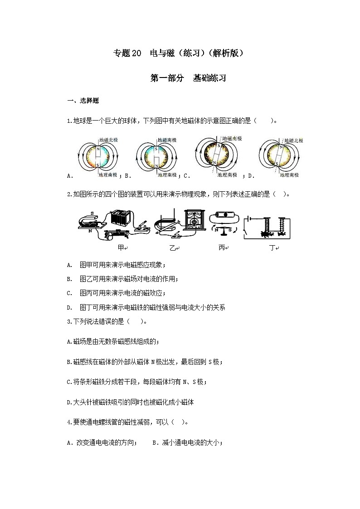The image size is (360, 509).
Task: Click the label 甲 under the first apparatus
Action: click(x=120, y=248)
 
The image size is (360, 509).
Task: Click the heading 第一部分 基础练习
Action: click(x=188, y=78)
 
